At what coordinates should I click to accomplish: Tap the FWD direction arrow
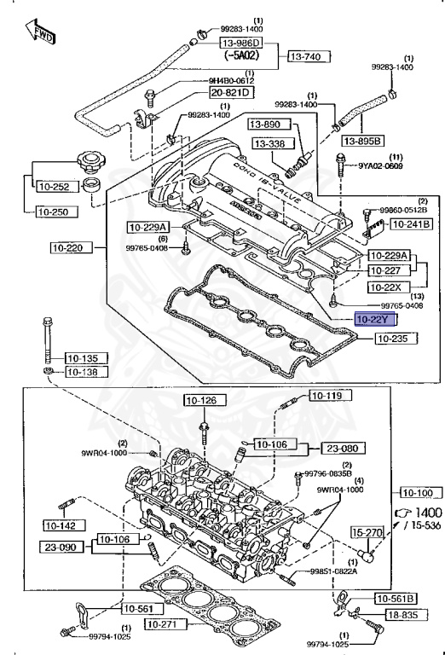coord(43,33)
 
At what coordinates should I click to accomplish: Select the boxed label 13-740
coord(306,56)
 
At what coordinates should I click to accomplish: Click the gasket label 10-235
coord(398,338)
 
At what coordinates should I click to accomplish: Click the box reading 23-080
coord(344,446)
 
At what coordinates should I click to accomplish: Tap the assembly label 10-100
coord(417,493)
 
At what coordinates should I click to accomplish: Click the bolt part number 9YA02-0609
coord(379,166)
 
